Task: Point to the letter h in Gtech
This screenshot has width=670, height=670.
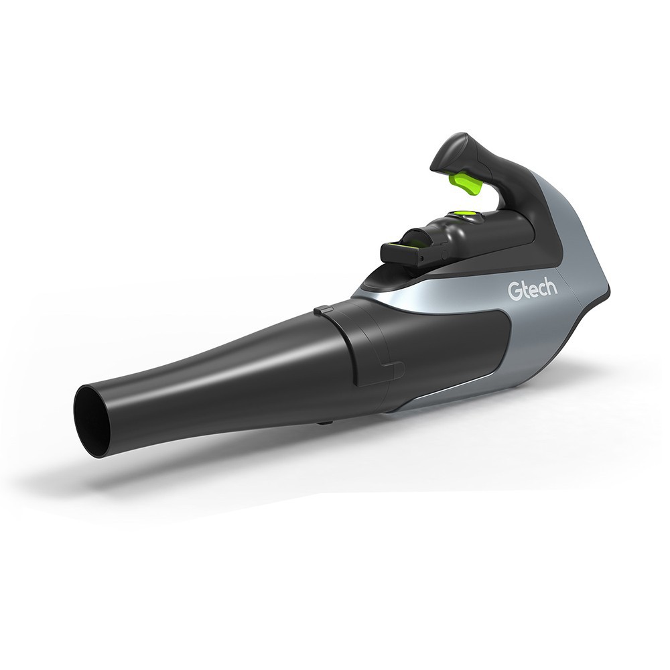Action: click(553, 289)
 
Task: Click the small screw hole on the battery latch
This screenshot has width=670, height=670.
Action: click(422, 259)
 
